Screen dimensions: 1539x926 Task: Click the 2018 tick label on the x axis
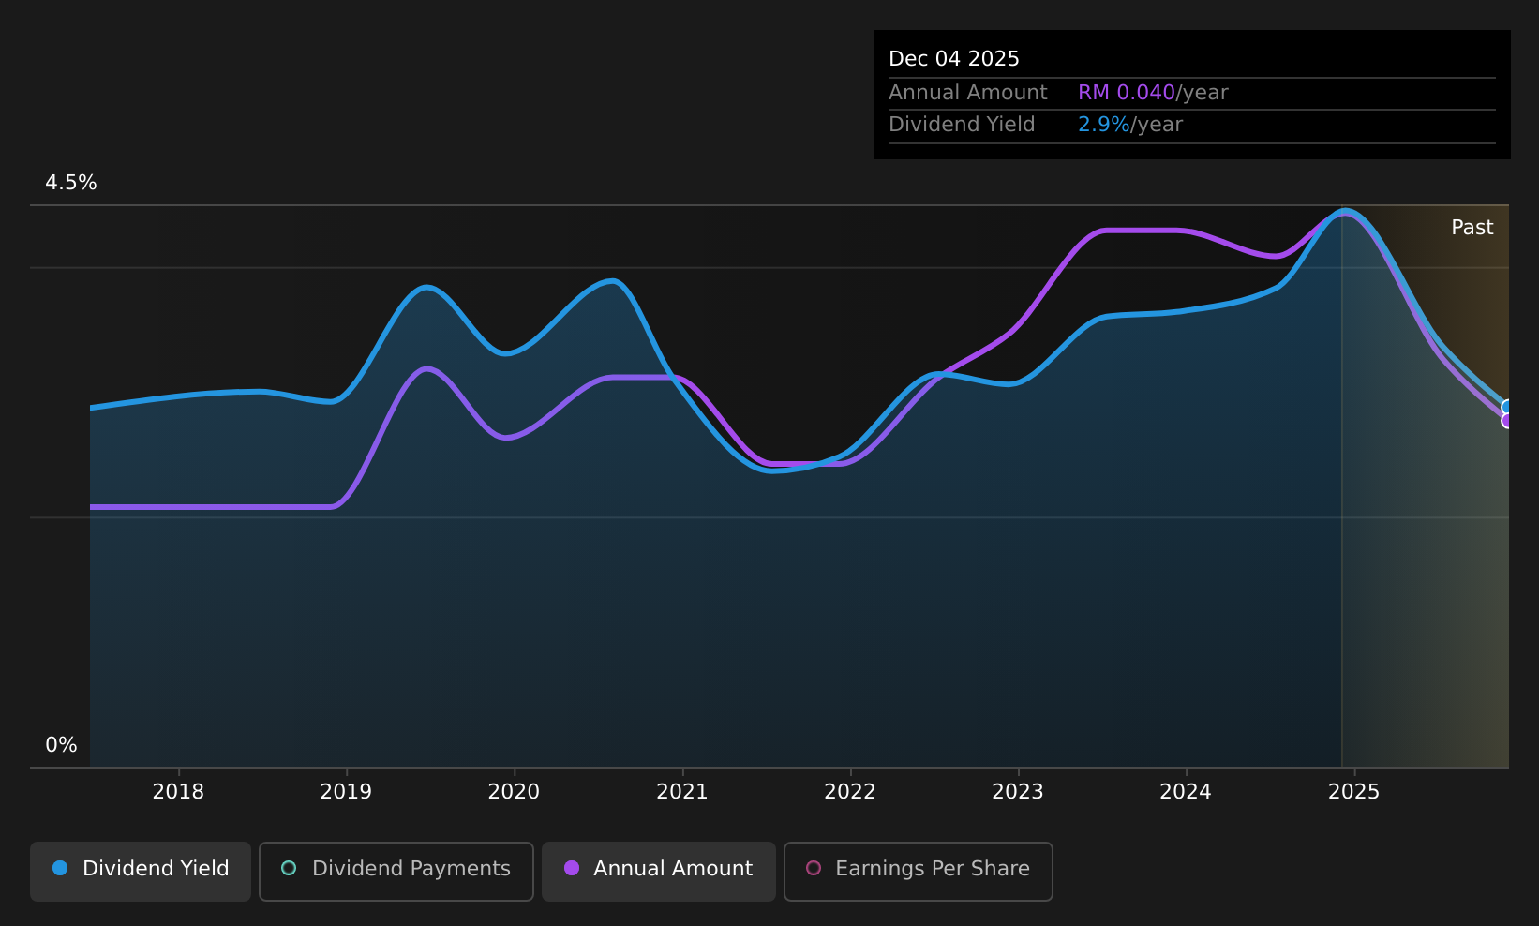click(x=178, y=792)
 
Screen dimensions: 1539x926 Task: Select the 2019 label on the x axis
click(x=346, y=792)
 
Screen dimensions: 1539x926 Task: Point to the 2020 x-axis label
click(x=514, y=792)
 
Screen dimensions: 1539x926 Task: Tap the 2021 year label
click(x=682, y=792)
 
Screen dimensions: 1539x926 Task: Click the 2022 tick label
click(x=850, y=792)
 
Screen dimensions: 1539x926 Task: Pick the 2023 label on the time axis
click(x=1018, y=792)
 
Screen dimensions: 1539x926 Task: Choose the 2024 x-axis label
click(x=1186, y=792)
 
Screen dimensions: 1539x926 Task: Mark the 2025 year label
click(x=1354, y=792)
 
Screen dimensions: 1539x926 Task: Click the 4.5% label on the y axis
click(x=71, y=183)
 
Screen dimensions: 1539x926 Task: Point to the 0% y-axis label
click(x=61, y=745)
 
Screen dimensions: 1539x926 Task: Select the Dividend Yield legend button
click(x=141, y=871)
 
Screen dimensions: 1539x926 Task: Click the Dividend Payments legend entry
click(x=396, y=871)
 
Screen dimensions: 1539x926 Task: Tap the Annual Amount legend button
click(x=659, y=871)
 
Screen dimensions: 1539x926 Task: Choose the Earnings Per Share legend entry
click(x=919, y=871)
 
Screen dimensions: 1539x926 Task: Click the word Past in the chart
click(x=1472, y=228)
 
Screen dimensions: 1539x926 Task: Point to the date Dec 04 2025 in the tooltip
click(x=953, y=59)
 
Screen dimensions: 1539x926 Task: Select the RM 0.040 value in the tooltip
click(x=1126, y=93)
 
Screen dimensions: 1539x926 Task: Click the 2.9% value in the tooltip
click(x=1103, y=125)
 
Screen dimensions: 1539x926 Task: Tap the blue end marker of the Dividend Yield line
click(x=1507, y=408)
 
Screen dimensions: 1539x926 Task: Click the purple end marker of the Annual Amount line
click(x=1507, y=421)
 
